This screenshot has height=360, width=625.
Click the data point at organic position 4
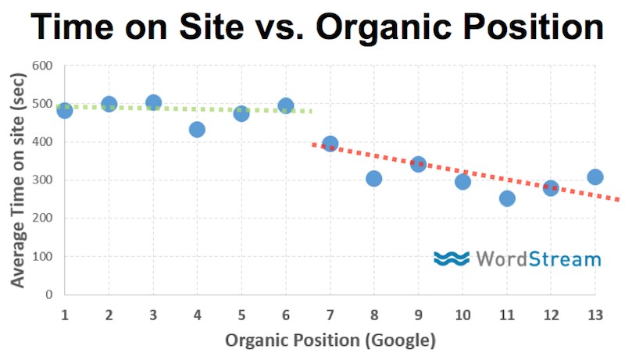pyautogui.click(x=197, y=130)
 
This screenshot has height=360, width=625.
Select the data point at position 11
pyautogui.click(x=507, y=198)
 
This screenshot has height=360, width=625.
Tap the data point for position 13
pyautogui.click(x=595, y=177)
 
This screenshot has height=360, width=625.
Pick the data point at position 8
pyautogui.click(x=373, y=179)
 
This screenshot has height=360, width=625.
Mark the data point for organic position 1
pyautogui.click(x=64, y=111)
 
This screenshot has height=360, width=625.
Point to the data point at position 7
pyautogui.click(x=330, y=144)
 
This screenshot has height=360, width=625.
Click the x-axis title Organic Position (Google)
pyautogui.click(x=330, y=340)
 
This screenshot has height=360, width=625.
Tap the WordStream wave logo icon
pyautogui.click(x=451, y=258)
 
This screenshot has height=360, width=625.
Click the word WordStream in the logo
pyautogui.click(x=537, y=258)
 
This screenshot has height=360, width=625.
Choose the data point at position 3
pyautogui.click(x=153, y=103)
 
